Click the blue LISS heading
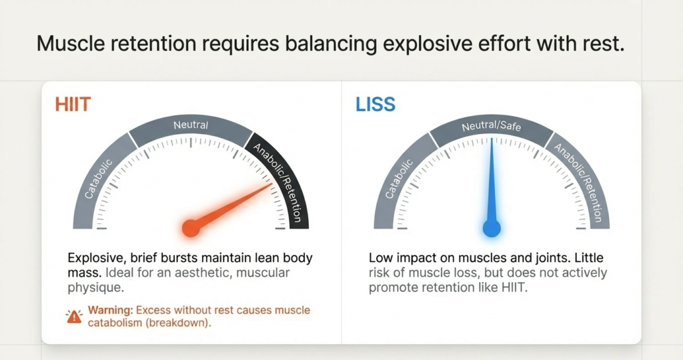(375, 105)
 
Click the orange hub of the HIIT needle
(191, 228)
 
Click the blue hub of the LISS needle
(492, 228)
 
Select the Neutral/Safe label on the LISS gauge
(491, 125)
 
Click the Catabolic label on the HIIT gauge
(99, 171)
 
